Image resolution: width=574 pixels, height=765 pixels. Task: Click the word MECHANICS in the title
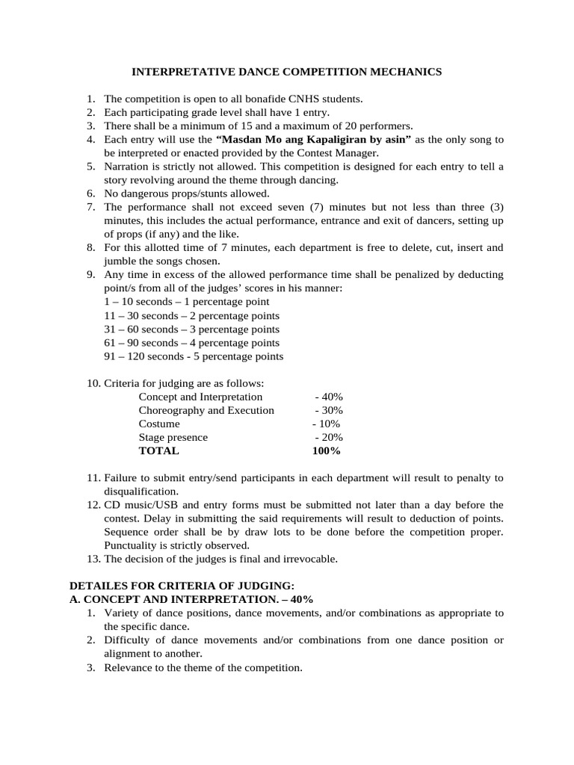pos(406,72)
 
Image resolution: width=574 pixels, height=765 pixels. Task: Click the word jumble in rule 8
pos(119,261)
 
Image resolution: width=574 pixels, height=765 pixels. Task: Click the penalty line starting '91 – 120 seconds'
pos(194,356)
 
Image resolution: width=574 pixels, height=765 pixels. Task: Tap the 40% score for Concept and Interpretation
pos(329,397)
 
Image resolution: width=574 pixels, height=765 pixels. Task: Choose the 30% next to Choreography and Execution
pos(329,410)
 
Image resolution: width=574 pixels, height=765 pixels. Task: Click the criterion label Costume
pos(159,424)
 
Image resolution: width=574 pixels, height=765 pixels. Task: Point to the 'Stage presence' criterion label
pos(173,437)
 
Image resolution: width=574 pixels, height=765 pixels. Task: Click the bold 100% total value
pos(326,450)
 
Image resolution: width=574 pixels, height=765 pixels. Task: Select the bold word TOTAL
pos(158,450)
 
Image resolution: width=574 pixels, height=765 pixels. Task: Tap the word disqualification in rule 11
pos(141,492)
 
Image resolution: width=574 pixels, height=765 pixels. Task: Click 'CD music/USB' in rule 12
pos(138,505)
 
